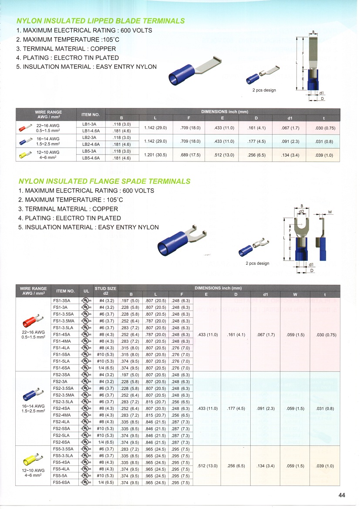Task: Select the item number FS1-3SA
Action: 61,300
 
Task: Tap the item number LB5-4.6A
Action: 91,158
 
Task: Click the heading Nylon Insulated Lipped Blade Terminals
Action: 101,21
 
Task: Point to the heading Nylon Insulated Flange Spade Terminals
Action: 104,181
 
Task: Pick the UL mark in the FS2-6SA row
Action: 86,442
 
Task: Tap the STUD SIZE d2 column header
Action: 105,290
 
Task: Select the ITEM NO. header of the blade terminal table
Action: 91,115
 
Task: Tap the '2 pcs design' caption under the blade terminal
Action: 264,90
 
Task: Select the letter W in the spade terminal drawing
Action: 330,212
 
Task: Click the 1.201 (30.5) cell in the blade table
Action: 155,155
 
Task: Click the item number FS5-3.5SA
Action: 63,448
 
